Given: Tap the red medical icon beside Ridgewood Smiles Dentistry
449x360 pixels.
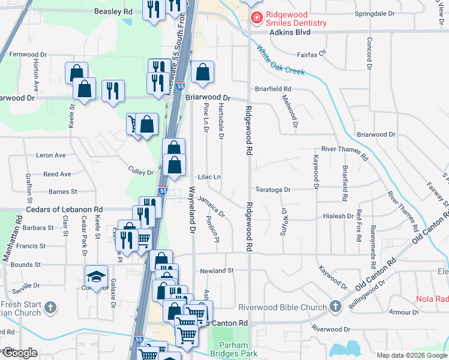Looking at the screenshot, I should [256, 18].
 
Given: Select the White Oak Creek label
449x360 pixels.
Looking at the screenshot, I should [282, 61].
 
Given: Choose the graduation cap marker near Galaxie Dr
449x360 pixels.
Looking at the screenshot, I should [96, 276].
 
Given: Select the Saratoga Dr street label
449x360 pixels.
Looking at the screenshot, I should [273, 190].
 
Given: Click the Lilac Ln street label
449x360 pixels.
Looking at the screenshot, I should [209, 177].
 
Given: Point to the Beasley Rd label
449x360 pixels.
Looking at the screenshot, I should [113, 11].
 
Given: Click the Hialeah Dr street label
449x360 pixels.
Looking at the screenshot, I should [339, 216].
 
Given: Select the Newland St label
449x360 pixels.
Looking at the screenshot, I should [217, 271].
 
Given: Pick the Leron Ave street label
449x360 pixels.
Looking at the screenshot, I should [51, 155].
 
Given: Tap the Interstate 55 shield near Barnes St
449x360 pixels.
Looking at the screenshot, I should [163, 191].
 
